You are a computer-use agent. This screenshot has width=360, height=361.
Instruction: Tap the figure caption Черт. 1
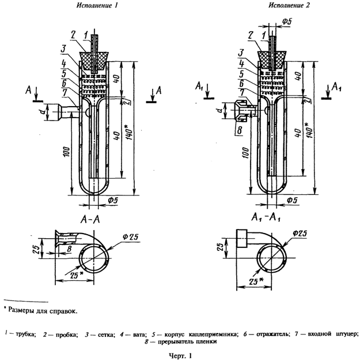(x=181, y=355)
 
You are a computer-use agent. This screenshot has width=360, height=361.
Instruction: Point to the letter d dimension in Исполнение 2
(x=227, y=106)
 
